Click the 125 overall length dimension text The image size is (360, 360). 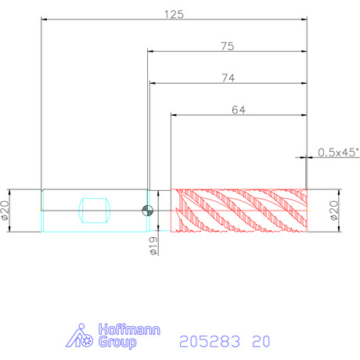click(174, 14)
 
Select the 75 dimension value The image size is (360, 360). click(228, 46)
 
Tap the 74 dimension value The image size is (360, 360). click(229, 78)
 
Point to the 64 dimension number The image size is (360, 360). click(239, 110)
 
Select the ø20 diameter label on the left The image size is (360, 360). click(5, 211)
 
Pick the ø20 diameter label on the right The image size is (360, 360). click(334, 211)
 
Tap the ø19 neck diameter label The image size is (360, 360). click(154, 246)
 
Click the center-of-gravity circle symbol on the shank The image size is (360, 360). click(147, 211)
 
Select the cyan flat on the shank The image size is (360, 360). click(95, 211)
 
